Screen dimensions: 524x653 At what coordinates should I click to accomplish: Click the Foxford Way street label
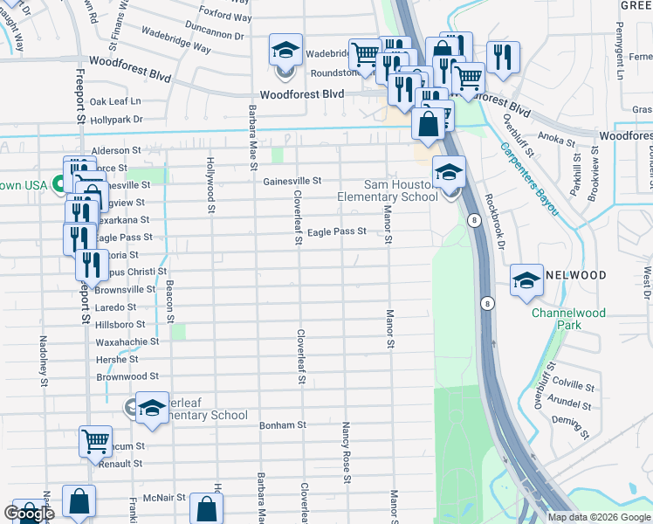pos(225,16)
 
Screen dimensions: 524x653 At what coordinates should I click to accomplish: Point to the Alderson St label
pos(116,150)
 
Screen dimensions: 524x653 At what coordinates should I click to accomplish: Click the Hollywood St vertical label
pos(210,185)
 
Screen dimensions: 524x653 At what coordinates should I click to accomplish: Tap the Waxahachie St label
pos(127,341)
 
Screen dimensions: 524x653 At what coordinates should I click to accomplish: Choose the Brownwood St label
pos(127,376)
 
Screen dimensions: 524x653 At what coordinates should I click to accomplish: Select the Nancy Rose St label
pos(347,452)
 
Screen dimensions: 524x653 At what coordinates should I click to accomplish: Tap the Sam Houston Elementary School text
pos(388,190)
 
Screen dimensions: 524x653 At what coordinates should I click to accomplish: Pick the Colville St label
pos(573,385)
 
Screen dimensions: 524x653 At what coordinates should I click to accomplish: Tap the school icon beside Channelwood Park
pos(527,280)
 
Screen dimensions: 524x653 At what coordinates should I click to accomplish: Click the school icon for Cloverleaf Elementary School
pos(152,409)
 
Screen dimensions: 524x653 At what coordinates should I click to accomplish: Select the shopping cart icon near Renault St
pos(95,441)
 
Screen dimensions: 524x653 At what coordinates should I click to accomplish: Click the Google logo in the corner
pos(29,514)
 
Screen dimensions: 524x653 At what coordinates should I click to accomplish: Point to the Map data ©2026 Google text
pos(598,517)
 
